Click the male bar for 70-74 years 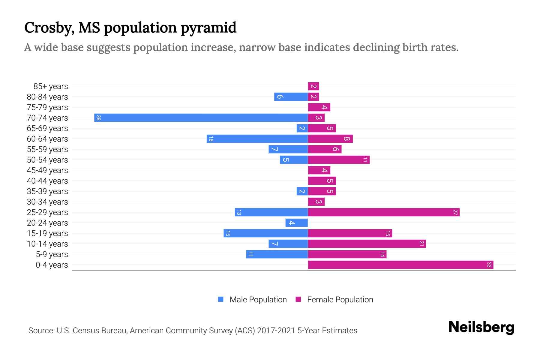[201, 118]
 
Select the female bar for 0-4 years [400, 265]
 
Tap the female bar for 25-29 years [383, 212]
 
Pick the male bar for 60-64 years [257, 139]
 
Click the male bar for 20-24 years [296, 223]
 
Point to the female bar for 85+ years [313, 86]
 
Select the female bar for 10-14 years [367, 244]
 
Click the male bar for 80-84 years [291, 97]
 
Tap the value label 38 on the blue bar [98, 118]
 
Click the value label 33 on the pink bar [489, 265]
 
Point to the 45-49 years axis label [47, 170]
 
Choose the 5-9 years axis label [52, 254]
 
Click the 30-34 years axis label [47, 202]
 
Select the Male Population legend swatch [221, 299]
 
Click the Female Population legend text [340, 299]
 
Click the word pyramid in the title [208, 28]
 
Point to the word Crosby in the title [49, 28]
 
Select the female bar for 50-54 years [338, 160]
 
